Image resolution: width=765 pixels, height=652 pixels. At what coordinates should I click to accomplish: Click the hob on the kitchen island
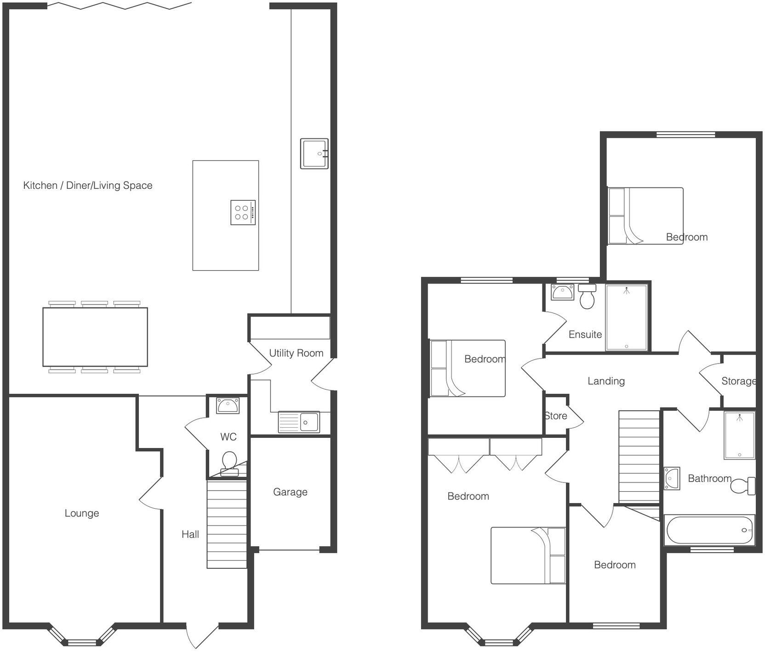click(x=243, y=212)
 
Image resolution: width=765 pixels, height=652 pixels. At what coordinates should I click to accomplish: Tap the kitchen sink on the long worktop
click(x=314, y=153)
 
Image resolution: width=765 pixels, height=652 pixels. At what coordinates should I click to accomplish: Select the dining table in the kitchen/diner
click(x=95, y=337)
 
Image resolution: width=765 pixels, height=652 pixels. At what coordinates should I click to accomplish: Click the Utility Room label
click(x=296, y=353)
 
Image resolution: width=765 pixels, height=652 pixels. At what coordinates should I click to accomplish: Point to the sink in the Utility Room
click(x=299, y=422)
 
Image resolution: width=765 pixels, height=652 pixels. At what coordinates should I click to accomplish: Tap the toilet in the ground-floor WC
click(x=229, y=463)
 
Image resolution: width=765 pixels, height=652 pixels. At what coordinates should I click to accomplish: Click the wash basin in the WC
click(x=228, y=406)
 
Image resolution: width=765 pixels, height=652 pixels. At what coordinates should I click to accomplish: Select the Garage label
click(x=290, y=492)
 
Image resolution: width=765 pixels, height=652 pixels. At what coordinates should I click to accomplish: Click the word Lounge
click(x=82, y=513)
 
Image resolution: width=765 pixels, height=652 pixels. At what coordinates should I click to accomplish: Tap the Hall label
click(x=190, y=534)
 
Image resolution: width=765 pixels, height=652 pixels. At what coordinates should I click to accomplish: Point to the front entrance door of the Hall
click(x=202, y=635)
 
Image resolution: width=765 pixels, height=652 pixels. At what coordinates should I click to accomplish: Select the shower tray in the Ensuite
click(x=626, y=317)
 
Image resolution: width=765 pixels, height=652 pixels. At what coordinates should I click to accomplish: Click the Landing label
click(x=606, y=381)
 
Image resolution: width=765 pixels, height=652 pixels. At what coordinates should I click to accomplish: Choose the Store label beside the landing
click(x=556, y=416)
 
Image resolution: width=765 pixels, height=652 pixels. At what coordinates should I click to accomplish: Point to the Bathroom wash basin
click(x=672, y=478)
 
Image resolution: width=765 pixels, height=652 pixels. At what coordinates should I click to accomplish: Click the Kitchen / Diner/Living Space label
click(x=88, y=185)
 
